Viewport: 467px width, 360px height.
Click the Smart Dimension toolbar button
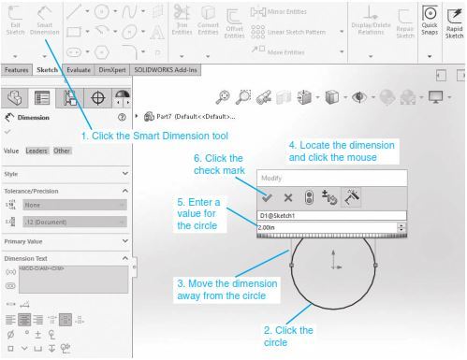[x=44, y=21]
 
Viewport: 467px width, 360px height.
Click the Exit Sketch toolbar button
[x=13, y=21]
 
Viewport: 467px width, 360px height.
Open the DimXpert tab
[x=112, y=70]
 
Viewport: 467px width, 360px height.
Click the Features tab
[x=16, y=70]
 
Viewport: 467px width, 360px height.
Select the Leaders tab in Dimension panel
[x=37, y=151]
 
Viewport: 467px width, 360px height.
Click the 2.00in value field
[x=328, y=227]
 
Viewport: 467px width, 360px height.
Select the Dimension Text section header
[x=34, y=258]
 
